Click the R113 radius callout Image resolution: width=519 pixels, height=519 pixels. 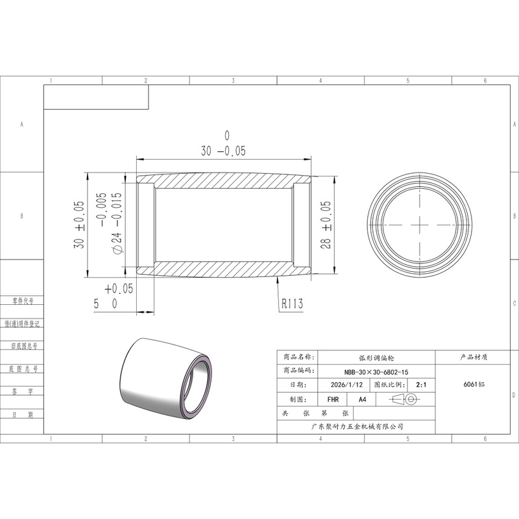tap(293, 304)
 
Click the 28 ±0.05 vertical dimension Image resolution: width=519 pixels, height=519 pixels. tap(326, 224)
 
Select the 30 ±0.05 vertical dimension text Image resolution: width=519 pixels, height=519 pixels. tap(79, 224)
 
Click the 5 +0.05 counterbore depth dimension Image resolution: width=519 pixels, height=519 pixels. tap(113, 296)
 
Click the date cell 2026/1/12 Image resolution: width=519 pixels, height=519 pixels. tap(346, 385)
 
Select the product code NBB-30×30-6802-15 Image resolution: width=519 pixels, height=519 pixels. tap(376, 372)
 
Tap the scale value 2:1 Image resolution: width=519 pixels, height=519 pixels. tap(421, 385)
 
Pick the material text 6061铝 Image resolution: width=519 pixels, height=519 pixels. tap(474, 384)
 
